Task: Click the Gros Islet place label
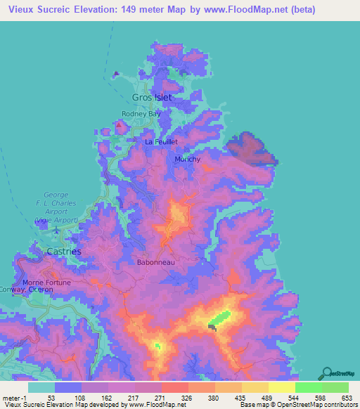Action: pyautogui.click(x=152, y=97)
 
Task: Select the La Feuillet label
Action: pyautogui.click(x=161, y=141)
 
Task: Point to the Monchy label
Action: pyautogui.click(x=187, y=159)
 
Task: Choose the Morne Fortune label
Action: pyautogui.click(x=47, y=283)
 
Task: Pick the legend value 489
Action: pyautogui.click(x=264, y=397)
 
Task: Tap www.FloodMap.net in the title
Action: pyautogui.click(x=255, y=10)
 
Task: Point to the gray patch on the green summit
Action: pyautogui.click(x=213, y=326)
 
